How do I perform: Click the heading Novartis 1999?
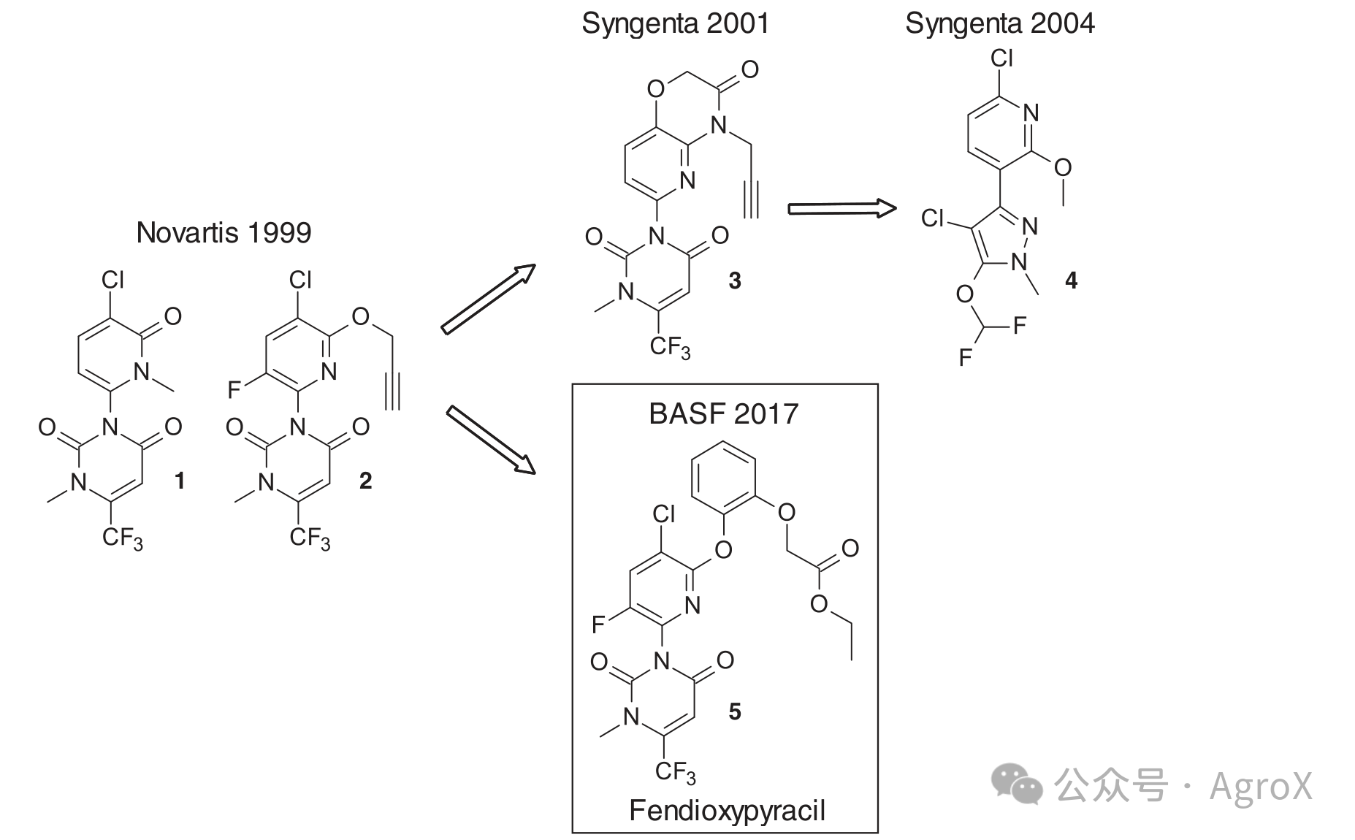point(224,233)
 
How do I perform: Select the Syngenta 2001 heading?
point(676,24)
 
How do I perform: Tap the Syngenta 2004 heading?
point(1000,24)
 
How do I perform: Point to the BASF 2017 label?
point(724,414)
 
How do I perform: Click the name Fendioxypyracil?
point(727,812)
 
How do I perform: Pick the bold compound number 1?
point(179,481)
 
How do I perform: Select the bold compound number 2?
point(365,481)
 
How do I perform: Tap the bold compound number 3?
point(735,280)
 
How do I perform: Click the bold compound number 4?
point(1071,280)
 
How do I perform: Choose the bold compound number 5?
point(735,711)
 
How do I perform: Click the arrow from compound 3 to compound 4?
point(842,209)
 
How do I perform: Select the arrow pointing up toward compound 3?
point(489,299)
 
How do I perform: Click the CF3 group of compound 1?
point(122,540)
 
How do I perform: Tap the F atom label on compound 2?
point(234,390)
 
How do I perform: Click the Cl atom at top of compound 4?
point(1001,58)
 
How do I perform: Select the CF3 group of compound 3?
point(670,348)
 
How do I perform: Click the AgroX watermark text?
point(1261,786)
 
